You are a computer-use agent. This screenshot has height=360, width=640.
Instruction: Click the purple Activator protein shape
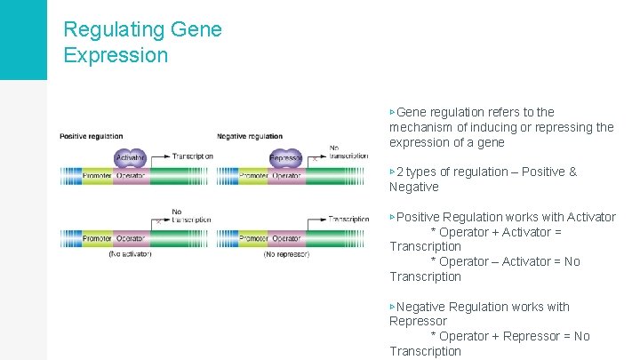click(x=130, y=158)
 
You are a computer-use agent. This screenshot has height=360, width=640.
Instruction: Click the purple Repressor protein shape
click(x=285, y=158)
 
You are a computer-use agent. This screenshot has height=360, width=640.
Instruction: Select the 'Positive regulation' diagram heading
click(x=92, y=136)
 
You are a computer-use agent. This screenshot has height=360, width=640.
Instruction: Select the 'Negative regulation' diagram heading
click(x=250, y=136)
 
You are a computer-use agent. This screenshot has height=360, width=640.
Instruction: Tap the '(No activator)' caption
click(x=130, y=254)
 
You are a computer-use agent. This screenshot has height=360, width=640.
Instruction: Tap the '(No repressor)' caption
click(x=286, y=254)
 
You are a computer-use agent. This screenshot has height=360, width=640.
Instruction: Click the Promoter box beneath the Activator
click(x=98, y=176)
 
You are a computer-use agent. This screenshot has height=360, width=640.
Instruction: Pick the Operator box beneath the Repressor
click(x=286, y=176)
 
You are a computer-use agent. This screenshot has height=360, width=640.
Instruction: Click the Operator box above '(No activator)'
click(x=131, y=239)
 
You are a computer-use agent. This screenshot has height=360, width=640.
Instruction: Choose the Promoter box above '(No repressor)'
click(x=253, y=239)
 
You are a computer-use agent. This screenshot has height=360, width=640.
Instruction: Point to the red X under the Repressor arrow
click(x=313, y=161)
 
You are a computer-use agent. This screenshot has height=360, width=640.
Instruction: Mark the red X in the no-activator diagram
click(x=157, y=220)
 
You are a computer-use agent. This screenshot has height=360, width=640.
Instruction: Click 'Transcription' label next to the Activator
click(x=192, y=156)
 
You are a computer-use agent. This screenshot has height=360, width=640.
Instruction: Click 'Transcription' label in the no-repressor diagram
click(x=348, y=219)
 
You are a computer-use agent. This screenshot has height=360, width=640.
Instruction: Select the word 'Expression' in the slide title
click(x=116, y=55)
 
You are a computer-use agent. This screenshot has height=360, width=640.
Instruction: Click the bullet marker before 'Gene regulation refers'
click(x=392, y=112)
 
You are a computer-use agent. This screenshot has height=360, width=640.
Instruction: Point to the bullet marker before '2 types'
click(x=392, y=172)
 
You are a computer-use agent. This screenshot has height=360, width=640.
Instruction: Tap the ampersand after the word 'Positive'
click(x=572, y=172)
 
